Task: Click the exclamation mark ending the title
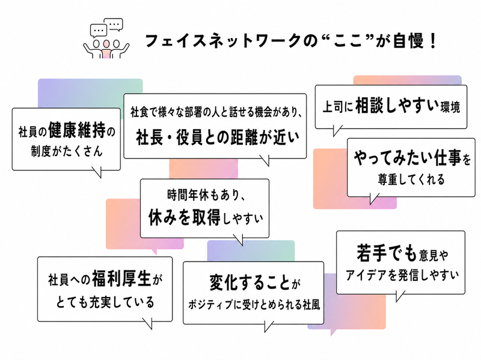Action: click(x=433, y=41)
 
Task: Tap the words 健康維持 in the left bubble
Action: click(x=77, y=131)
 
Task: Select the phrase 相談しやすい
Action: click(x=397, y=106)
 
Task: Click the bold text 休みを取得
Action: click(x=184, y=218)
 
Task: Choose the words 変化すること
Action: click(x=250, y=282)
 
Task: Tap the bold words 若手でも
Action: click(x=387, y=253)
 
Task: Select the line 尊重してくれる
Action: click(x=411, y=179)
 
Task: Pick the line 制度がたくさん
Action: click(x=67, y=151)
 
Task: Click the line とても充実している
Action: click(x=105, y=302)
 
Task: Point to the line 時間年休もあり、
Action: click(x=206, y=195)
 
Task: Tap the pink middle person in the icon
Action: click(x=106, y=49)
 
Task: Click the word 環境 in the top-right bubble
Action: click(x=450, y=107)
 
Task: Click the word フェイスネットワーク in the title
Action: click(x=222, y=41)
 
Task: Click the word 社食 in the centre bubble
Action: click(x=139, y=112)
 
